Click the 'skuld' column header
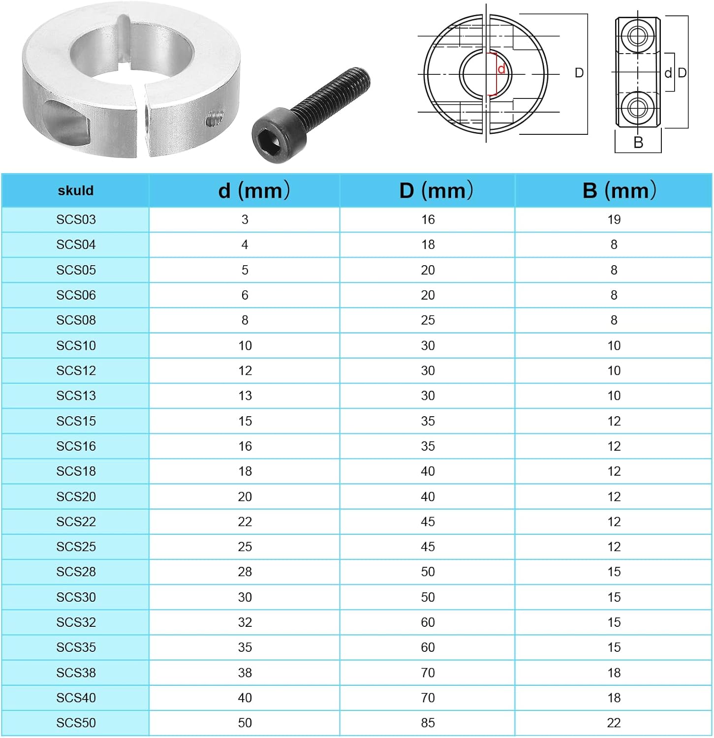pos(75,191)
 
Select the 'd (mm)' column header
pos(254,190)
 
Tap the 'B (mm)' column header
pos(619,190)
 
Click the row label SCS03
pos(76,220)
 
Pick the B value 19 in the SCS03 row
pos(614,220)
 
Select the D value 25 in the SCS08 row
pos(428,320)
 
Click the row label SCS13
pos(76,396)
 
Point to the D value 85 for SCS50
pos(428,723)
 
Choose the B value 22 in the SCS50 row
pos(614,723)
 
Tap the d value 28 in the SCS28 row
pos(245,572)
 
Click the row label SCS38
pos(76,673)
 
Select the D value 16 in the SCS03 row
pos(428,220)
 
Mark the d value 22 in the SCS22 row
pos(245,522)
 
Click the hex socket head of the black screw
pos(272,136)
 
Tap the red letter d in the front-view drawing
pos(501,69)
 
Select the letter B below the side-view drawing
pos(638,143)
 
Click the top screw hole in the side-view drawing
pos(638,36)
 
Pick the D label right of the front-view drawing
pos(579,73)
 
